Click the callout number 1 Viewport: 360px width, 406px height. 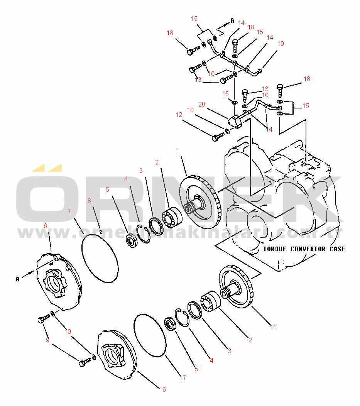click(178, 151)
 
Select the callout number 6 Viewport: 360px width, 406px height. click(45, 226)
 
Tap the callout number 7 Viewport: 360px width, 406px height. click(69, 212)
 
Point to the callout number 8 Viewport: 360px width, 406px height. click(89, 201)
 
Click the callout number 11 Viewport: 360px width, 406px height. click(273, 327)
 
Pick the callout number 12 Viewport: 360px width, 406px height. click(178, 115)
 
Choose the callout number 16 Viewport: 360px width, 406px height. click(163, 389)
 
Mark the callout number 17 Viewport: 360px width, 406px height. click(183, 378)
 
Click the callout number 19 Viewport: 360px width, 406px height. click(281, 44)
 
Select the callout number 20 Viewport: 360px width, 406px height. click(201, 104)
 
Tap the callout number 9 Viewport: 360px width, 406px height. click(48, 340)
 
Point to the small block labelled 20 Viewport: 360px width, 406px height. click(235, 122)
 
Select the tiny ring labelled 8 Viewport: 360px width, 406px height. click(100, 232)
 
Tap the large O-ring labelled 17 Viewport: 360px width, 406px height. click(150, 335)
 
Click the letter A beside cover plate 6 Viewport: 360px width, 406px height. click(17, 278)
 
